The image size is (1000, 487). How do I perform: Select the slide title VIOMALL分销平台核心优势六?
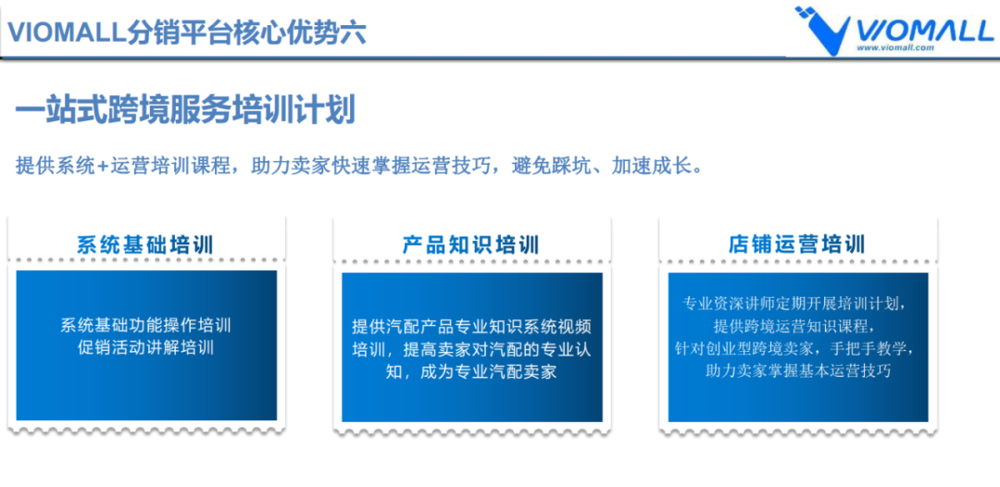[186, 32]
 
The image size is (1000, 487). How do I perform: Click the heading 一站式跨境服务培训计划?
[185, 110]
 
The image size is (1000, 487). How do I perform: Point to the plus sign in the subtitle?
[103, 167]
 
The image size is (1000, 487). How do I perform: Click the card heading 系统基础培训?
[145, 244]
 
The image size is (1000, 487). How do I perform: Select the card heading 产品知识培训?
[471, 244]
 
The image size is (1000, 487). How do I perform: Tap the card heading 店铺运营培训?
[796, 244]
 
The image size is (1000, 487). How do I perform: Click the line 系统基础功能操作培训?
[145, 326]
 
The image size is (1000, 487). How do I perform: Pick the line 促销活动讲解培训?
[145, 348]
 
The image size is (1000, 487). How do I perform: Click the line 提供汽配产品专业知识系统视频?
[471, 327]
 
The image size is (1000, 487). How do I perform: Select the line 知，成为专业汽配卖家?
[471, 372]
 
